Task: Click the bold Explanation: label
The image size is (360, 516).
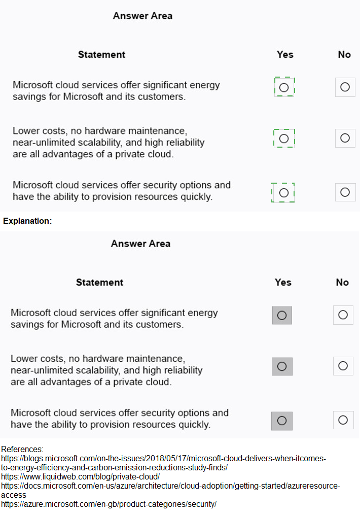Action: click(x=27, y=221)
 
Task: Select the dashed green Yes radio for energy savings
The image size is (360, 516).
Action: click(x=284, y=87)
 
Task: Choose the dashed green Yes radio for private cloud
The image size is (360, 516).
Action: click(x=284, y=138)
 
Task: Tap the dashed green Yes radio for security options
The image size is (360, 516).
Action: click(x=283, y=193)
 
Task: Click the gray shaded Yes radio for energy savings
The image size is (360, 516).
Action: click(x=282, y=315)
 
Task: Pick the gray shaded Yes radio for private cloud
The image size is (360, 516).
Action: click(x=282, y=366)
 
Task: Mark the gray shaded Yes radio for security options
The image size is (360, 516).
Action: click(x=282, y=421)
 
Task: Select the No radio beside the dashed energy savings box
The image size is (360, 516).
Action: click(x=345, y=87)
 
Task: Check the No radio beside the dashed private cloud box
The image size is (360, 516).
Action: click(x=345, y=138)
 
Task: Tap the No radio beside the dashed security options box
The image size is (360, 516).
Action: click(x=345, y=192)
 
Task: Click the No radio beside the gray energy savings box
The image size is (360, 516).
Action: click(x=343, y=315)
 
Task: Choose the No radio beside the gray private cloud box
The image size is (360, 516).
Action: click(x=343, y=366)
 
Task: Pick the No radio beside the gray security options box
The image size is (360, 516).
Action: click(x=343, y=420)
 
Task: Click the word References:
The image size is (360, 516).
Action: click(x=22, y=449)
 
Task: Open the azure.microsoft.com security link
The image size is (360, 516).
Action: click(x=109, y=504)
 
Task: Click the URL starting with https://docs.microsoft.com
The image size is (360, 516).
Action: click(x=170, y=486)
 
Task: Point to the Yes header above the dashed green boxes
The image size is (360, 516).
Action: click(x=285, y=54)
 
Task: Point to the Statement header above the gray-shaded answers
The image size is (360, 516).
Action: click(x=99, y=282)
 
